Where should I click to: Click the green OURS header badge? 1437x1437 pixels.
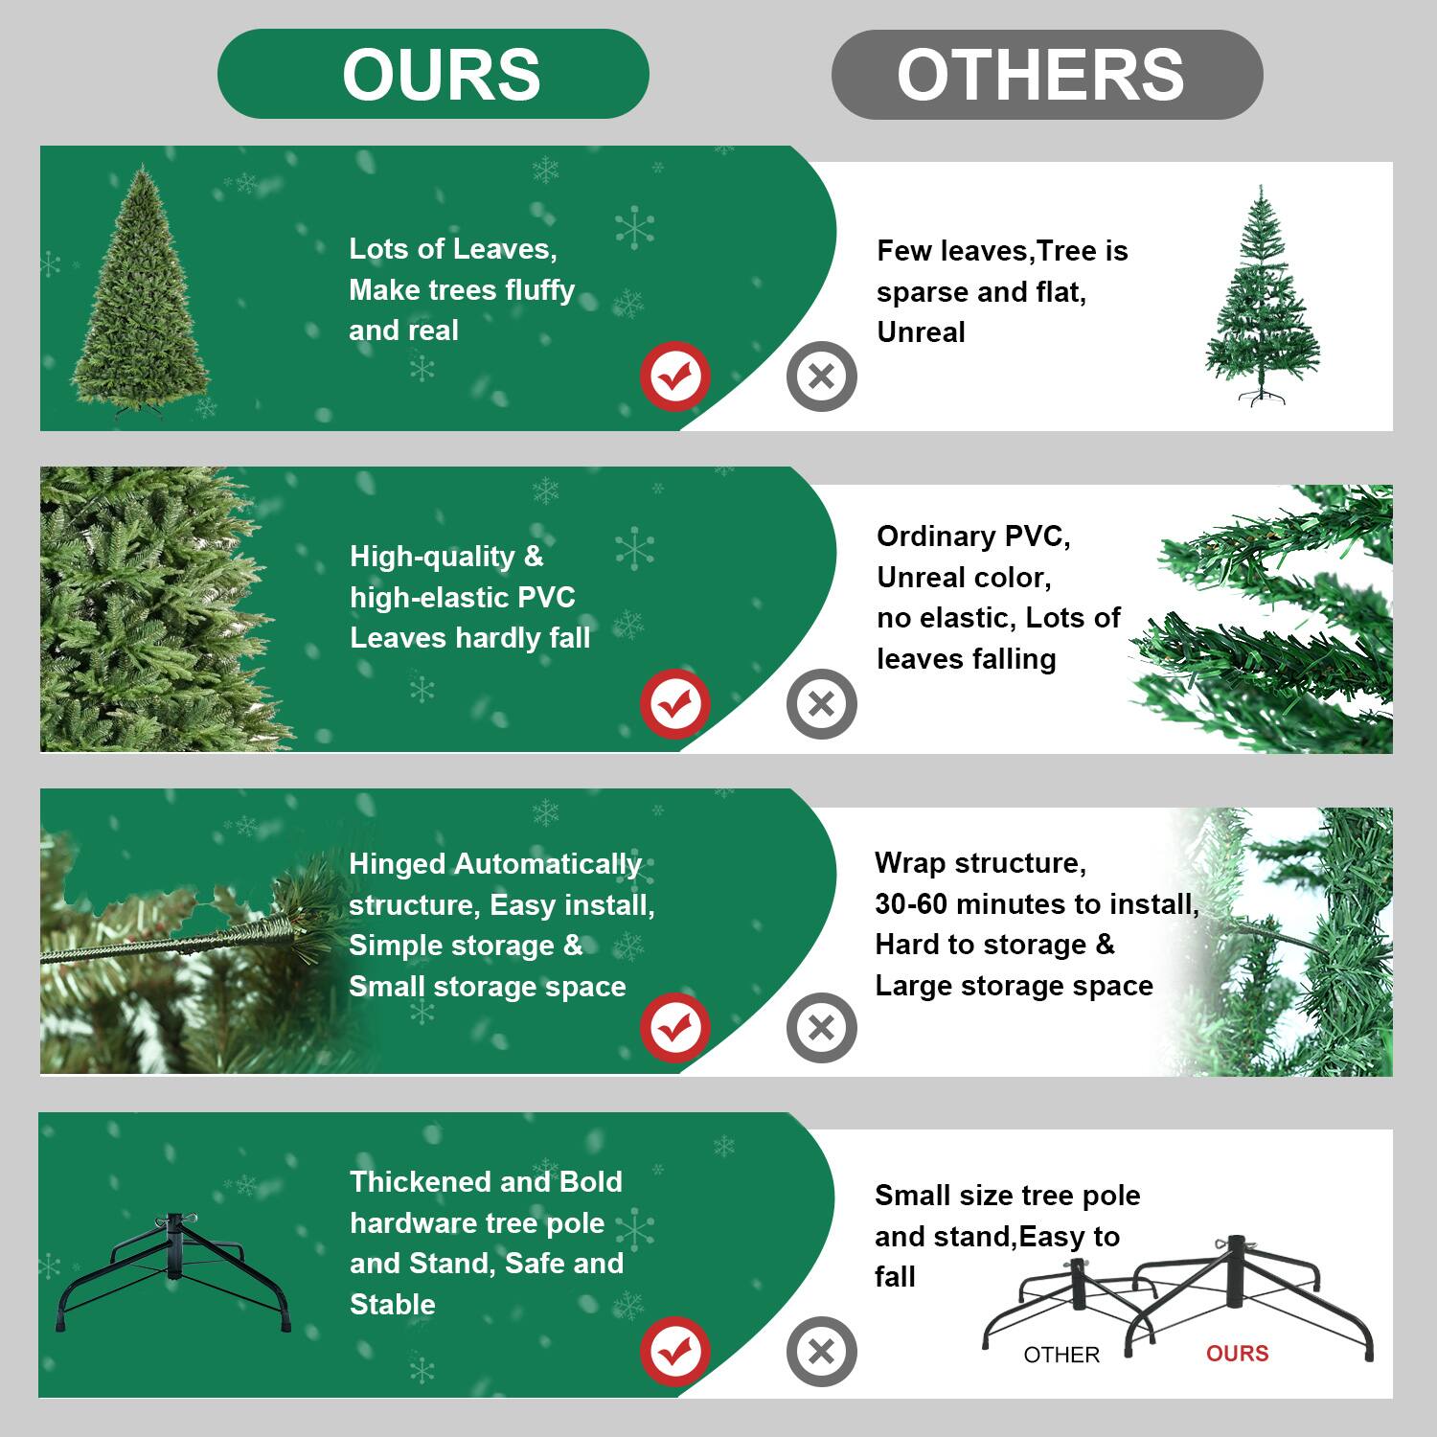coord(433,74)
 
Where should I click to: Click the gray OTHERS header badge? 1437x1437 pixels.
coord(1046,75)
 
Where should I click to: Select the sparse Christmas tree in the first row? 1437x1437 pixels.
coord(1261,297)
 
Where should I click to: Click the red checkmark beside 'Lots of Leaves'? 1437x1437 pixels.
coord(675,376)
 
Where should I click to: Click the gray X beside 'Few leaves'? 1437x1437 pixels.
coord(821,376)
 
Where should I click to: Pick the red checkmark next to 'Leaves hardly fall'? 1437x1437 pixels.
coord(675,704)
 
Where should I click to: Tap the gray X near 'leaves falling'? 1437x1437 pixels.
coord(821,704)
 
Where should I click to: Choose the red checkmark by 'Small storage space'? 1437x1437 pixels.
coord(675,1028)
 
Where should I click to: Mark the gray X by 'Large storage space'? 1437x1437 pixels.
coord(821,1028)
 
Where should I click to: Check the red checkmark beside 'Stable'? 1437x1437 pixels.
coord(675,1352)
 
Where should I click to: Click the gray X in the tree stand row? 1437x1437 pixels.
coord(821,1352)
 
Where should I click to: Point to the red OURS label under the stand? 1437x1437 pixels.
coord(1237,1353)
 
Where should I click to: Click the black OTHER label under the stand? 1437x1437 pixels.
coord(1061,1355)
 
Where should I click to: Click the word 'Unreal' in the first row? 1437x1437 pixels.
coord(921,332)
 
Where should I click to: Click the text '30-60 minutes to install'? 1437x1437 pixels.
coord(1036,903)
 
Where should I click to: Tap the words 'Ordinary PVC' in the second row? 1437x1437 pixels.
coord(972,536)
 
